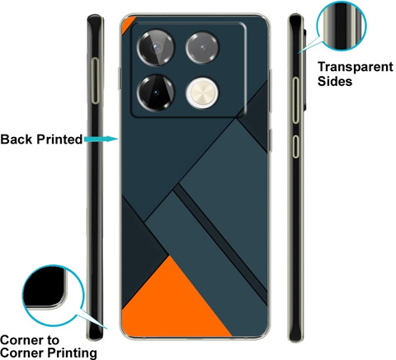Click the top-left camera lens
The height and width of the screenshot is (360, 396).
pos(156,48)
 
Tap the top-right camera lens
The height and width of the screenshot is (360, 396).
pos(202,48)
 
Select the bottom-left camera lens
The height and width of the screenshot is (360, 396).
pos(156,92)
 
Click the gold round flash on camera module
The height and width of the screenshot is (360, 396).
pos(202,92)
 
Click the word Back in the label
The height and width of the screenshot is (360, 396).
pos(16,139)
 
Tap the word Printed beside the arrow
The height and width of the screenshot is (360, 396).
pos(59,139)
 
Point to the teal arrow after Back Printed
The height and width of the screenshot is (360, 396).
pos(101,139)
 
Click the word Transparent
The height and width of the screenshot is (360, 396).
pos(356,68)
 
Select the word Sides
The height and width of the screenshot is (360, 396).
pos(335,81)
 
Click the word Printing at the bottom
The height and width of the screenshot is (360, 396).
pos(72,353)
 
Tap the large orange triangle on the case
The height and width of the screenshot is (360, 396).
pos(174,301)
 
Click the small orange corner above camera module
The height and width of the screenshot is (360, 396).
pos(127,22)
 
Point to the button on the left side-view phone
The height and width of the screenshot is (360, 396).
pos(95,81)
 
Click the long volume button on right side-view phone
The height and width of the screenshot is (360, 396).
pos(295,100)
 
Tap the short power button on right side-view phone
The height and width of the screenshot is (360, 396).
pos(295,146)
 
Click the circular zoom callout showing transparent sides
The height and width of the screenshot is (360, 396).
pos(342,26)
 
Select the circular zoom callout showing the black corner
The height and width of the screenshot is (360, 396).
pos(52,296)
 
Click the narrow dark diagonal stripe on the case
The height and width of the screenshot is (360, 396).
pos(220,239)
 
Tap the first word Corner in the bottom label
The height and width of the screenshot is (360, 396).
pos(30,340)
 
